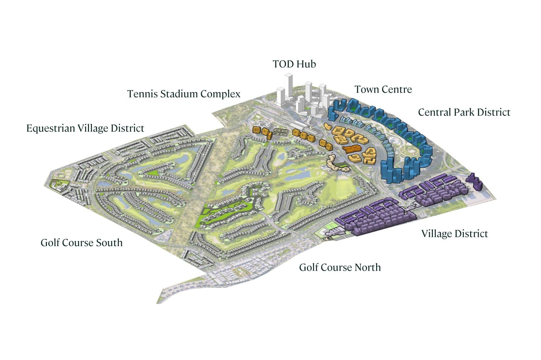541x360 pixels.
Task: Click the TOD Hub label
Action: click(x=294, y=64)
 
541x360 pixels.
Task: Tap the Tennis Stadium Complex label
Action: click(x=184, y=94)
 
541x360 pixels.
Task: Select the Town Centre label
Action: click(x=383, y=89)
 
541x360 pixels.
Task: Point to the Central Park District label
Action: click(x=464, y=112)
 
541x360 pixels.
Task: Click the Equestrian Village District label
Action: click(x=85, y=128)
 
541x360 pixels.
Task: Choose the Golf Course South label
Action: click(x=81, y=243)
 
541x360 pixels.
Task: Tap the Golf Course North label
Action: click(x=340, y=268)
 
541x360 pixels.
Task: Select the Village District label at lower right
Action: click(x=454, y=234)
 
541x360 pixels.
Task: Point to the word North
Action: click(x=367, y=268)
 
